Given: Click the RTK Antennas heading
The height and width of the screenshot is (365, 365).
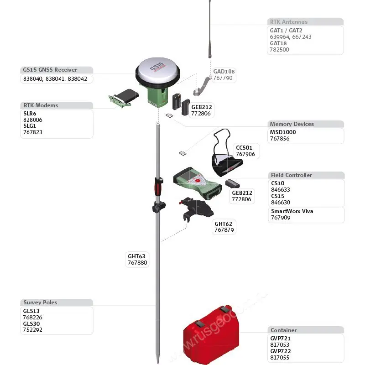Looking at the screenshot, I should pyautogui.click(x=288, y=22).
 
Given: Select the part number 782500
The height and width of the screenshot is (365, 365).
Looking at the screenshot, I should pyautogui.click(x=279, y=50).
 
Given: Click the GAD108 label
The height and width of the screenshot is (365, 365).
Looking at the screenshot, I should pyautogui.click(x=224, y=72).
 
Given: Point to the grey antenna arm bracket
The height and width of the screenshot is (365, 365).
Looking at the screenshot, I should pyautogui.click(x=201, y=87).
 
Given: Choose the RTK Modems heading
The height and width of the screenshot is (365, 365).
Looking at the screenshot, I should pyautogui.click(x=41, y=105).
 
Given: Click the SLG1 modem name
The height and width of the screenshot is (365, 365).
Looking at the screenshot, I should pyautogui.click(x=30, y=126).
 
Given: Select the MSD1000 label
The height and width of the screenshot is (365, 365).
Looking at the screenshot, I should pyautogui.click(x=283, y=132).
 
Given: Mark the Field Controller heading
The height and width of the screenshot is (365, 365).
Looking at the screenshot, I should pyautogui.click(x=291, y=175).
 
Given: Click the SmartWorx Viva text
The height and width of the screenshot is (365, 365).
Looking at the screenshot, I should pyautogui.click(x=292, y=211).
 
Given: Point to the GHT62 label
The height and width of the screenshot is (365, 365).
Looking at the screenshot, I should pyautogui.click(x=223, y=224).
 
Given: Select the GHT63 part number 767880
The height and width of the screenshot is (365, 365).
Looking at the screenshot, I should pyautogui.click(x=137, y=263).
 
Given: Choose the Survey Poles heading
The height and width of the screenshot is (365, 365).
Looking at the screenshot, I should pyautogui.click(x=40, y=302).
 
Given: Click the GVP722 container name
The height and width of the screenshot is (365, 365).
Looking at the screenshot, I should pyautogui.click(x=280, y=351).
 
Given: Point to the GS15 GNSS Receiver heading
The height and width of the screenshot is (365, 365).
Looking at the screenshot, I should pyautogui.click(x=50, y=70).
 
